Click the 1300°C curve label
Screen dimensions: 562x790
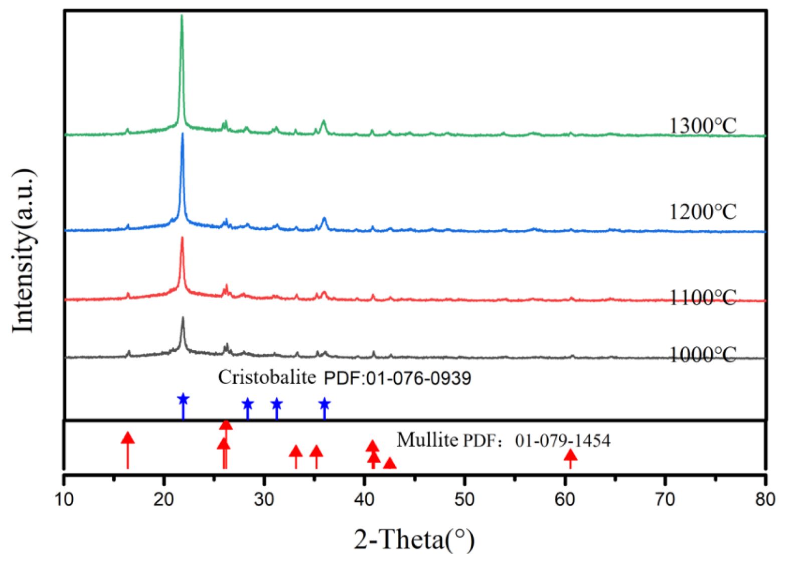point(703,125)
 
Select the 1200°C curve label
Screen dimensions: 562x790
point(703,211)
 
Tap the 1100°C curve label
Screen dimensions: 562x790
point(703,298)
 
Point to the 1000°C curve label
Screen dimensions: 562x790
point(703,355)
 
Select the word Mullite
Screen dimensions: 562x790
point(427,440)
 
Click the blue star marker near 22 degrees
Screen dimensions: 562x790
point(183,399)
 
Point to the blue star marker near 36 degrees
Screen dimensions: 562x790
point(325,403)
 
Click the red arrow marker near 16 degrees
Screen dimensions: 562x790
point(128,438)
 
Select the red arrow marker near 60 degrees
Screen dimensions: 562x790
point(570,455)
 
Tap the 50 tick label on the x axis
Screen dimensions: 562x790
point(465,499)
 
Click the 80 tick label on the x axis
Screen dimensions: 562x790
point(765,499)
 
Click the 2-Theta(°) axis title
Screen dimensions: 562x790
point(414,540)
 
